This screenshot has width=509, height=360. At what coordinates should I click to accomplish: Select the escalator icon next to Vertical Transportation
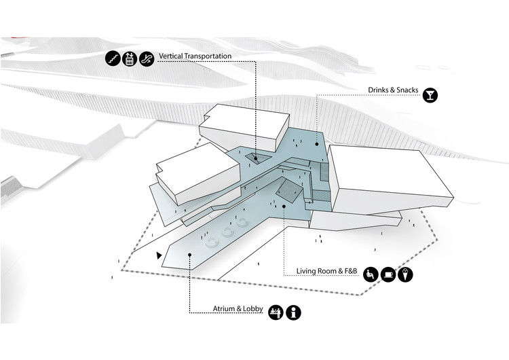tap(146, 59)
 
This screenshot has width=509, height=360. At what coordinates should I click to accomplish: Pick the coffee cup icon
tap(388, 274)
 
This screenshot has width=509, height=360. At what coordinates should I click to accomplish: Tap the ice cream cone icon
tap(406, 274)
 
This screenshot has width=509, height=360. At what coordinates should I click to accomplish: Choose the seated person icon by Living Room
tap(371, 274)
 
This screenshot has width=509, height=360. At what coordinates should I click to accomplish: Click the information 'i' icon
tap(294, 312)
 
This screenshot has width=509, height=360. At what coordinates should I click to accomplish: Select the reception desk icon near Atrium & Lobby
tap(276, 312)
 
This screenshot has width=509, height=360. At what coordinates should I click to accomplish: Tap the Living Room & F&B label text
tap(326, 272)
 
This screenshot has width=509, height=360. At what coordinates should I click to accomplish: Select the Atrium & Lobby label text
tap(231, 309)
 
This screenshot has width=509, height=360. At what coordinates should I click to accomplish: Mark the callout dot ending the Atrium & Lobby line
tap(190, 256)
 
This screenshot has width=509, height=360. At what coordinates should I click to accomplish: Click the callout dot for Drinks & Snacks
tap(316, 144)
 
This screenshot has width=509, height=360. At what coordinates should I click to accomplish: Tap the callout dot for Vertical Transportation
tap(256, 158)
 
